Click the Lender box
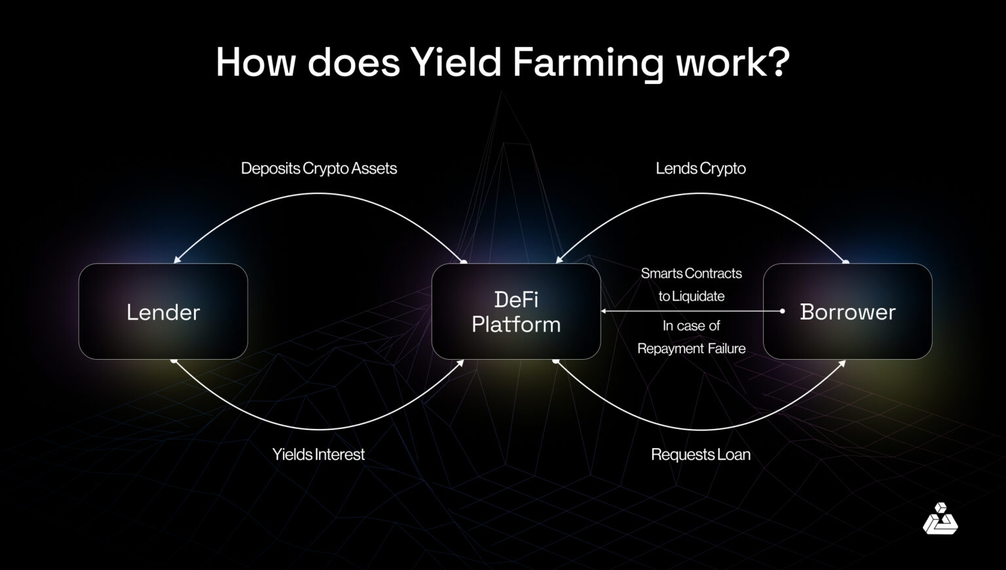pyautogui.click(x=163, y=312)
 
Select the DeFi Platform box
pyautogui.click(x=516, y=312)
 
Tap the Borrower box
pyautogui.click(x=848, y=312)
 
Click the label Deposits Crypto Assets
pyautogui.click(x=319, y=168)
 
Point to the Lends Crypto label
pyautogui.click(x=701, y=168)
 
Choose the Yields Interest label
pyautogui.click(x=318, y=454)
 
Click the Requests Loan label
pyautogui.click(x=701, y=454)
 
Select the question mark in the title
pyautogui.click(x=777, y=62)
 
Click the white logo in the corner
pyautogui.click(x=940, y=519)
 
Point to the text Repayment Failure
pyautogui.click(x=692, y=349)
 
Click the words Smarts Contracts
pyautogui.click(x=692, y=273)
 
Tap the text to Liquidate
pyautogui.click(x=692, y=296)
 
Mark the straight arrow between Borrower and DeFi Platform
pyautogui.click(x=692, y=311)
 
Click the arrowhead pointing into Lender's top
pyautogui.click(x=177, y=260)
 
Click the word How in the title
pyautogui.click(x=256, y=62)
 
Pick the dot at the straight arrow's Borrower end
pyautogui.click(x=782, y=311)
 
